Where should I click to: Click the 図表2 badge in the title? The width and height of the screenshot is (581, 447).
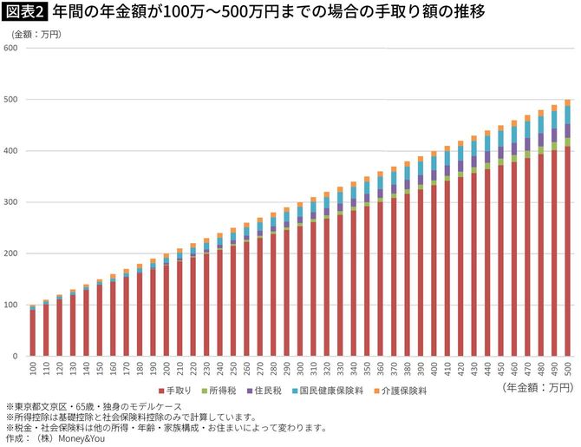26,13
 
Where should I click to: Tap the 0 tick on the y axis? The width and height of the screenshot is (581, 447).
16,357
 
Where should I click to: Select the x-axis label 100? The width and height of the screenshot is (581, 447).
33,370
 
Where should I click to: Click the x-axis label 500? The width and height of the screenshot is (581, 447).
568,370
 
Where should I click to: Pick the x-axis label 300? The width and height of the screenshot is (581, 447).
300,370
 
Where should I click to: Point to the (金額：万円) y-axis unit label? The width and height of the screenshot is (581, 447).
35,33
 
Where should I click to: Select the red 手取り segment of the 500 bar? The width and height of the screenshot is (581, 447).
567,252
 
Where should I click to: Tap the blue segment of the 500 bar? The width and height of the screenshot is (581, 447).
567,115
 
